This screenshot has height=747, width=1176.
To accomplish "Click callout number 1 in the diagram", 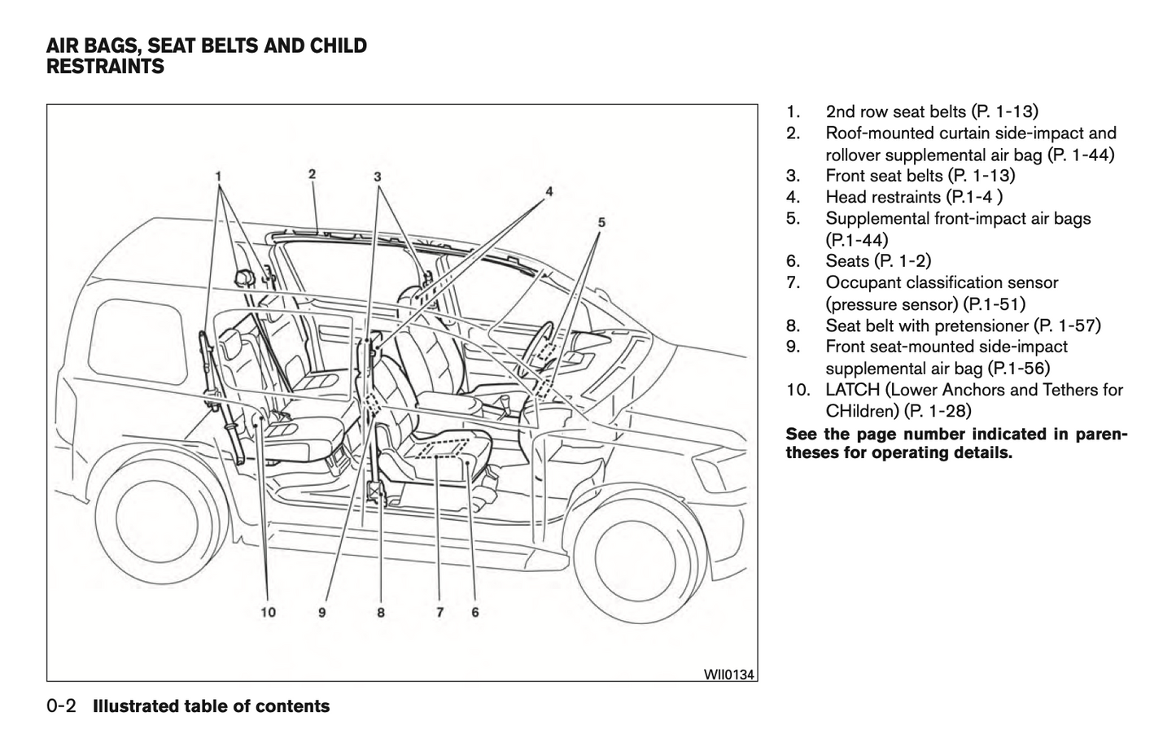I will [x=218, y=175].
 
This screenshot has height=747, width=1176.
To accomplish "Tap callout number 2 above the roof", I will [x=313, y=173].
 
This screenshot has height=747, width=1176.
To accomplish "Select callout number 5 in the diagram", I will [x=601, y=221].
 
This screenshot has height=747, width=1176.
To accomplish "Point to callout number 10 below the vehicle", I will [x=268, y=612].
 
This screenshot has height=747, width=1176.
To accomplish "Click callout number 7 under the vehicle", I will [x=439, y=612].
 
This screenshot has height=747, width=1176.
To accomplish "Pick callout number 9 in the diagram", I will [x=322, y=612].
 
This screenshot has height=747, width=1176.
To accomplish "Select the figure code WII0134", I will [x=728, y=674].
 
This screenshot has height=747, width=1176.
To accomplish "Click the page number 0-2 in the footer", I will [x=62, y=706].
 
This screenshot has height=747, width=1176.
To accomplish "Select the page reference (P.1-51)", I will [x=994, y=304].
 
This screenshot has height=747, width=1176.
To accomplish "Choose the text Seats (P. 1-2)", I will [x=878, y=261].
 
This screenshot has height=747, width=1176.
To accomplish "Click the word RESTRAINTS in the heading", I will [x=105, y=68].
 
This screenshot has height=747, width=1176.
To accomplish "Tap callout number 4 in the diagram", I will [x=549, y=191].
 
